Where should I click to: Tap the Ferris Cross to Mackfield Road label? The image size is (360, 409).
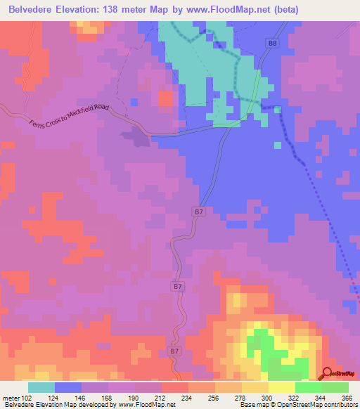(x=70, y=116)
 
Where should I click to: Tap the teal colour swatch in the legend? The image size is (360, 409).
(x=41, y=387)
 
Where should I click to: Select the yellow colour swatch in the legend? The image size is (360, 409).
(x=281, y=387)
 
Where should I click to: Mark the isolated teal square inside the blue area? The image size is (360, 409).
(x=277, y=145)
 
